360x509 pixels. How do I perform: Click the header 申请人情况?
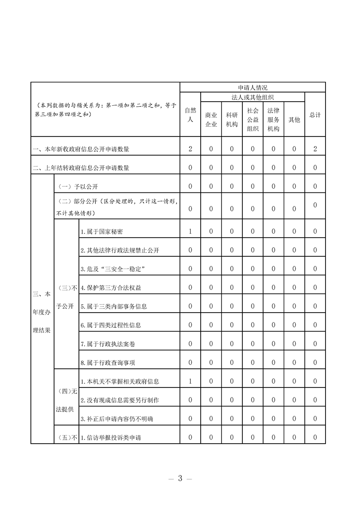point(252,87)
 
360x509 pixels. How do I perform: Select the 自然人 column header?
point(190,115)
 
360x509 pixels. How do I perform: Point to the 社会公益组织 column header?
point(252,119)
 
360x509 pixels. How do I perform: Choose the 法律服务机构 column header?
point(273,119)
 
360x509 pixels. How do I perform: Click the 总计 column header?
point(315,115)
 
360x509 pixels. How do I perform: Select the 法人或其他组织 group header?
point(252,97)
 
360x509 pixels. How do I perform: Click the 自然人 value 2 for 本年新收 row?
point(190,149)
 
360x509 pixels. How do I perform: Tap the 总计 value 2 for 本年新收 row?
point(315,149)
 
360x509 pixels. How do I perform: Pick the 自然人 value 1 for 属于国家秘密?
point(190,231)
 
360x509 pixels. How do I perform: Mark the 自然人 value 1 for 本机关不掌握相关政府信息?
point(190,381)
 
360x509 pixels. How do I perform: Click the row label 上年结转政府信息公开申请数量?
point(81,168)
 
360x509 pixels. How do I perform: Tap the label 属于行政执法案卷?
point(108,344)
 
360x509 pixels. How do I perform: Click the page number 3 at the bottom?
point(180,479)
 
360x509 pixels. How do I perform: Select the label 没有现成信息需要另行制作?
point(119,400)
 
